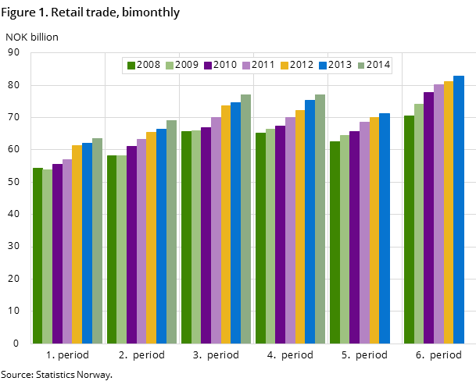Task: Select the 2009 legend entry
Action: pos(181,65)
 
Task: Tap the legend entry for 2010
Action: pos(220,65)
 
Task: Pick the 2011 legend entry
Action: pos(258,65)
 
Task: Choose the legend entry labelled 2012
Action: pos(296,65)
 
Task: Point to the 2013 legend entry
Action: pos(335,65)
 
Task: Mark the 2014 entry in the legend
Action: pos(373,65)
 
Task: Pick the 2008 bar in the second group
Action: pos(112,249)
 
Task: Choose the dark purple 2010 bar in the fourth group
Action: pos(280,234)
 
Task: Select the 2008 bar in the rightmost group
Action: pos(409,230)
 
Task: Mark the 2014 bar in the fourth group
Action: pos(320,219)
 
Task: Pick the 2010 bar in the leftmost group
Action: pos(57,254)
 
